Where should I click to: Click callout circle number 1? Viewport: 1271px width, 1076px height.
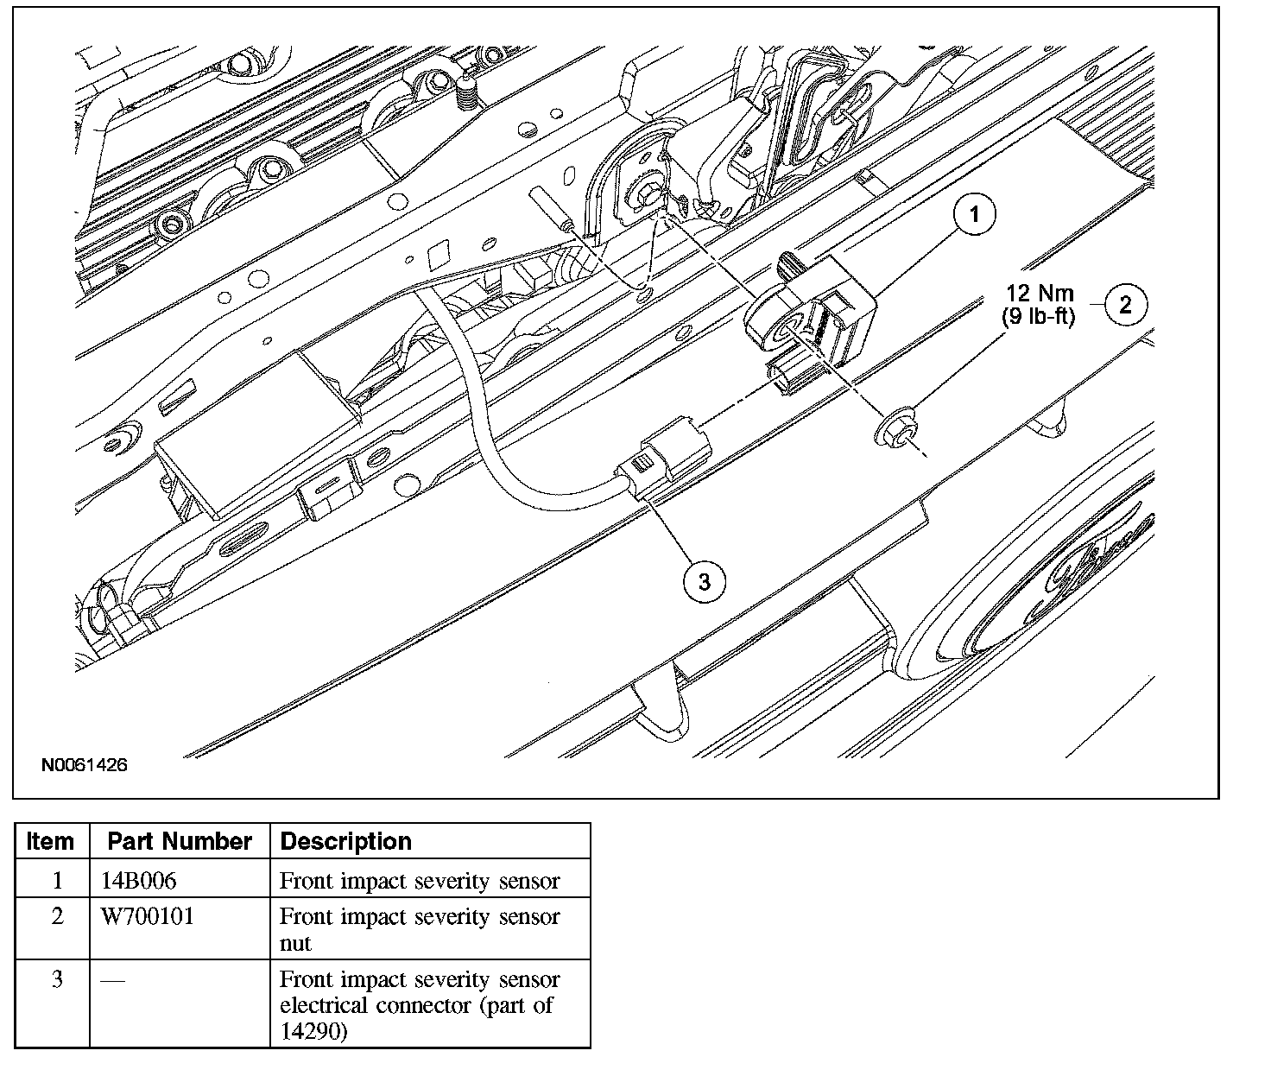tap(975, 214)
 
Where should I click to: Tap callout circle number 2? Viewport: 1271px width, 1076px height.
tap(1125, 304)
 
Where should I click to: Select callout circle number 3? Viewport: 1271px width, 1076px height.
tap(704, 581)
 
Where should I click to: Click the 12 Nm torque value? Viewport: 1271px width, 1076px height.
tap(1039, 292)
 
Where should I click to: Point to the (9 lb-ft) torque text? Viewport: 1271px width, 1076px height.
tap(1039, 317)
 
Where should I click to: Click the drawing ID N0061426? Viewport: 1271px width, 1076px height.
tap(84, 765)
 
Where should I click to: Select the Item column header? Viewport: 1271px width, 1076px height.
tap(51, 841)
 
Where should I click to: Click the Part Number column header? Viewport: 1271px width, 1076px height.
tap(180, 841)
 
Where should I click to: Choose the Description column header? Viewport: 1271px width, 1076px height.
tap(346, 841)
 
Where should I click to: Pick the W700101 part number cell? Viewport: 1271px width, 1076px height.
tap(148, 915)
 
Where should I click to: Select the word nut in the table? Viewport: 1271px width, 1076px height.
tap(295, 943)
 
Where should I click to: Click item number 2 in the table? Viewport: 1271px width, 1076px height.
tap(57, 915)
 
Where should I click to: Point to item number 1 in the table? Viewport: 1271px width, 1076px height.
tap(57, 881)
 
